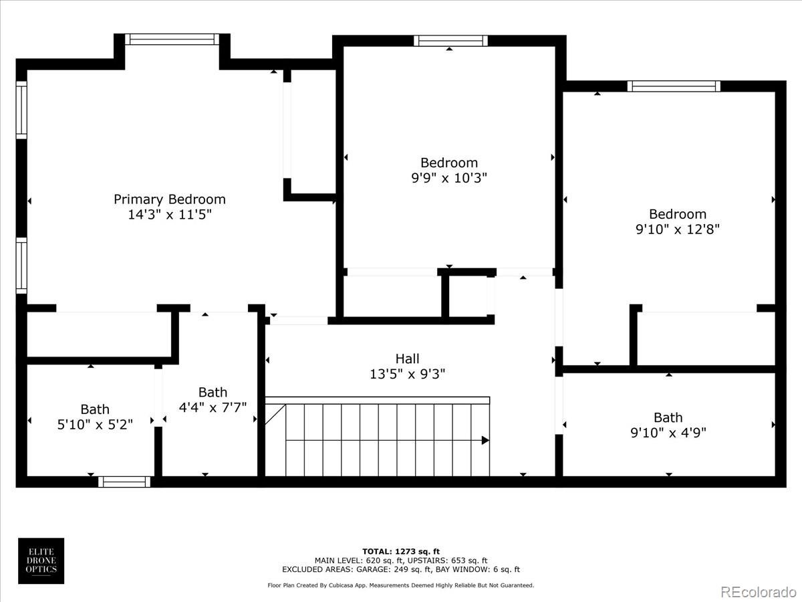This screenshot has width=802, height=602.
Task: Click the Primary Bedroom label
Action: click(169, 199)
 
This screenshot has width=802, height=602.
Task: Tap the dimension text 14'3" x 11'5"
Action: click(169, 215)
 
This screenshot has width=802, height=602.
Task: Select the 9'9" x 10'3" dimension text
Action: click(448, 178)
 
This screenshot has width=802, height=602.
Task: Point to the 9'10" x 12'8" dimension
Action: click(677, 229)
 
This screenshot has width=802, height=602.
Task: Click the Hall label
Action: click(407, 359)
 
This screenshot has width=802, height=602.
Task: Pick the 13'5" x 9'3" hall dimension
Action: click(407, 374)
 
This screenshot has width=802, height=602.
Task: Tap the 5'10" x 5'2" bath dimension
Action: click(95, 425)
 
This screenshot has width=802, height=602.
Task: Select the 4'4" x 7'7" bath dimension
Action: click(213, 407)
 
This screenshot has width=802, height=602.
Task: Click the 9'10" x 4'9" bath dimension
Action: click(668, 433)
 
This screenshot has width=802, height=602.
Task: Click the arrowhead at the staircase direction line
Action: click(485, 440)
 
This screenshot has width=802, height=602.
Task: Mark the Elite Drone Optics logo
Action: click(41, 561)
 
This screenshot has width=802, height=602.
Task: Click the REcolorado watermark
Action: click(758, 591)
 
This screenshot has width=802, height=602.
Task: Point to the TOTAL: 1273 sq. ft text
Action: click(401, 551)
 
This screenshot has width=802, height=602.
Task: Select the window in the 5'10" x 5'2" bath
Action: click(124, 481)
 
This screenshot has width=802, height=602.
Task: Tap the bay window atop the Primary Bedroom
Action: click(173, 39)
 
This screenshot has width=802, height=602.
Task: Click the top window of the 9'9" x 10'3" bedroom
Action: click(450, 41)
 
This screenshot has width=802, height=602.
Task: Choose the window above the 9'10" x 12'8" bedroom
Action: click(674, 86)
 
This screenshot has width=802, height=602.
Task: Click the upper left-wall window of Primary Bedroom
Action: click(21, 110)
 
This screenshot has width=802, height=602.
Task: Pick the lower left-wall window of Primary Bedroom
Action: click(21, 266)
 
